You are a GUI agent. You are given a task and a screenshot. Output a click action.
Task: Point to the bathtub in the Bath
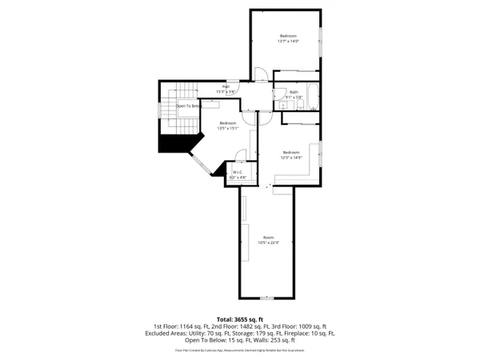310,101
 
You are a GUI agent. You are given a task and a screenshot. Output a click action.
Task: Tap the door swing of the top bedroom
260,76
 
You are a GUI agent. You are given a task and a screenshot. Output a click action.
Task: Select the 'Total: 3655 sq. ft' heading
240,319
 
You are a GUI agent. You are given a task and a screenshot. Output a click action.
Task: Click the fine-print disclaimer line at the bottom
240,350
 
